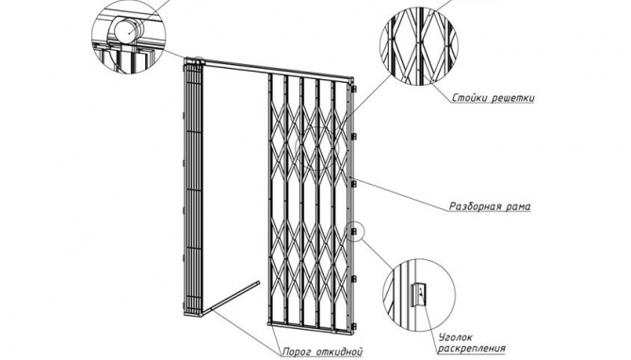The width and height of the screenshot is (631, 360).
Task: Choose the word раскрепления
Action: pos(471,349)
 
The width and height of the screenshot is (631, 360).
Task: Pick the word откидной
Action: pos(340,352)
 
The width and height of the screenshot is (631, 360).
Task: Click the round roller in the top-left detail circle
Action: pos(127,30)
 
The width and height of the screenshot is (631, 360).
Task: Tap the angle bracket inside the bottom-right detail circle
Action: pos(417,294)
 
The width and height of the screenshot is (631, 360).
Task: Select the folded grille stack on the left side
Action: pos(193,188)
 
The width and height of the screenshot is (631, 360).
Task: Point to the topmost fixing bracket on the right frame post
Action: pos(354,89)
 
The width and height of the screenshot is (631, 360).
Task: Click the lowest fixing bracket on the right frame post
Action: pos(354,326)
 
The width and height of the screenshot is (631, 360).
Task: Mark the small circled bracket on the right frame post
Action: pos(354,232)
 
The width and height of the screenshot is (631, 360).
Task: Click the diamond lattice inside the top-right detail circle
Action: pos(418,45)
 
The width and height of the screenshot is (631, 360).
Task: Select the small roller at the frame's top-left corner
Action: pos(197,60)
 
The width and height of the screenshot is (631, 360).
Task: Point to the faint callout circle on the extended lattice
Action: pos(318,148)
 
